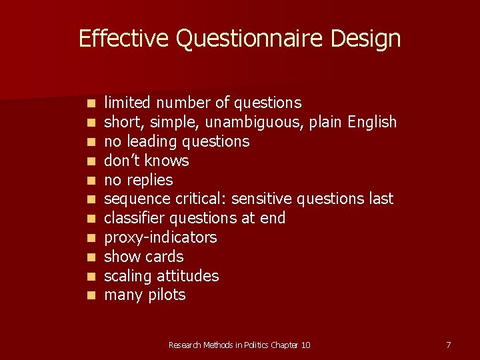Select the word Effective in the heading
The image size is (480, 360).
tap(123, 39)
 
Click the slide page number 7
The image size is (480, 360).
tap(448, 345)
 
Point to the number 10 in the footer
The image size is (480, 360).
tap(305, 345)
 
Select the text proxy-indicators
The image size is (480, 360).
tap(161, 237)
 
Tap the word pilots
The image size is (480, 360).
tap(165, 295)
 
